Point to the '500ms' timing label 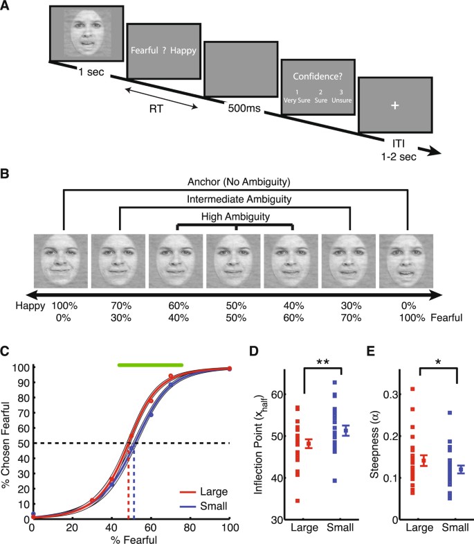pos(241,109)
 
